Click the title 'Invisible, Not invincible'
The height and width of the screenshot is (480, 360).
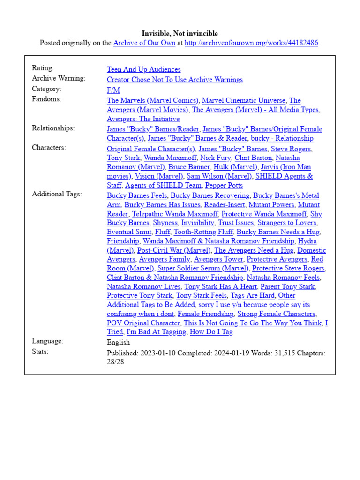pyautogui.click(x=180, y=34)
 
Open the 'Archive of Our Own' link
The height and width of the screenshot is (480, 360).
pyautogui.click(x=144, y=43)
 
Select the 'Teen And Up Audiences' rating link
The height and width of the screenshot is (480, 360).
pyautogui.click(x=143, y=69)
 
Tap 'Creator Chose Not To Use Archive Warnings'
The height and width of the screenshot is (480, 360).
pyautogui.click(x=174, y=80)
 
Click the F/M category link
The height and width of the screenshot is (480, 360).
pyautogui.click(x=113, y=90)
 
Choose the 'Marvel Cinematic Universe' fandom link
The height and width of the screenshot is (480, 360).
pyautogui.click(x=243, y=100)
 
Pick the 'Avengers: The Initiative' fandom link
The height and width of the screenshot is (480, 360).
pyautogui.click(x=143, y=119)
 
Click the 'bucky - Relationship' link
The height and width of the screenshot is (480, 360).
pyautogui.click(x=282, y=138)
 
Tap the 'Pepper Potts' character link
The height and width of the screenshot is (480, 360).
pyautogui.click(x=224, y=186)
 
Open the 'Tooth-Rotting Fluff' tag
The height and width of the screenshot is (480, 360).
pyautogui.click(x=203, y=232)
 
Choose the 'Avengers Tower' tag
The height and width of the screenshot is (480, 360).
pyautogui.click(x=218, y=259)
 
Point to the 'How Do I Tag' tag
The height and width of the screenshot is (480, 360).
pyautogui.click(x=211, y=332)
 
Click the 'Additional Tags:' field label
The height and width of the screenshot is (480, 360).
pyautogui.click(x=56, y=195)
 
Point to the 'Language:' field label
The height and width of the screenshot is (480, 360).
pyautogui.click(x=47, y=341)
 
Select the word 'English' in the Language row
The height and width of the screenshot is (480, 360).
pyautogui.click(x=118, y=343)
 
